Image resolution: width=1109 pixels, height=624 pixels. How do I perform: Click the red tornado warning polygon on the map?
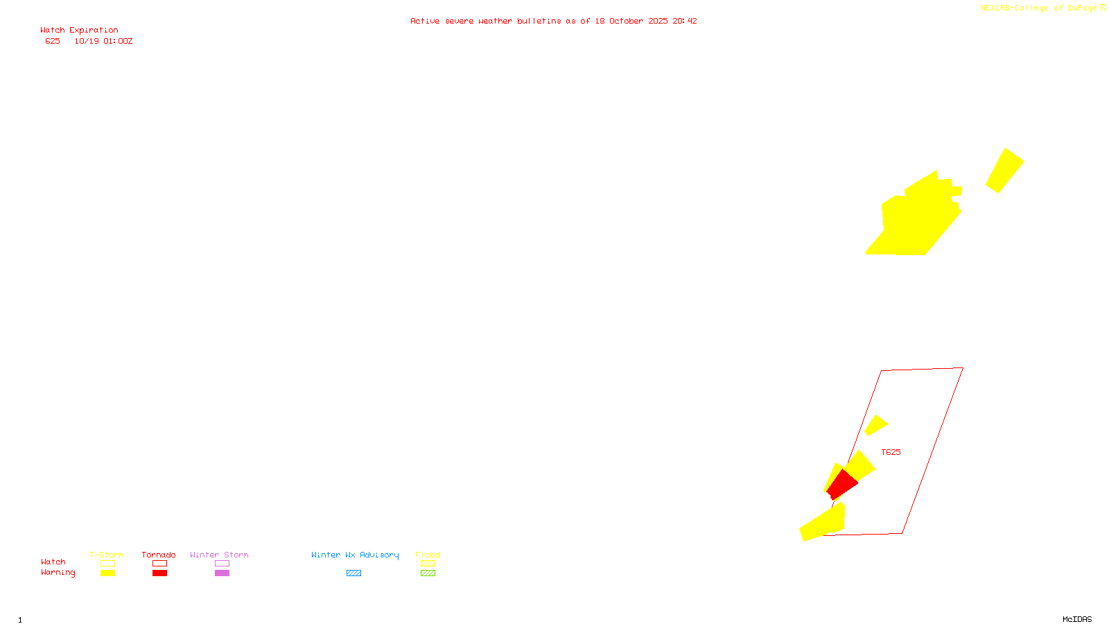coord(842,483)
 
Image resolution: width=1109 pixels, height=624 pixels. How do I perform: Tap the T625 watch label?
coord(891,452)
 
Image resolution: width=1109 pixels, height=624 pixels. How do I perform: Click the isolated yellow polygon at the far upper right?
coord(1004,170)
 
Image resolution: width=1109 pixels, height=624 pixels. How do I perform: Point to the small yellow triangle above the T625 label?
coord(875,425)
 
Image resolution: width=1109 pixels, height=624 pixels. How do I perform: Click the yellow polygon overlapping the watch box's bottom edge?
coord(825,523)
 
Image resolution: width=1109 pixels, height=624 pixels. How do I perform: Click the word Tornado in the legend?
coord(159,555)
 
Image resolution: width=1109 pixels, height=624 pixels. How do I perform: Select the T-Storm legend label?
coord(107,555)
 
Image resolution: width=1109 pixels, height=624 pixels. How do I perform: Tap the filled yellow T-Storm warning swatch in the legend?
coord(107,573)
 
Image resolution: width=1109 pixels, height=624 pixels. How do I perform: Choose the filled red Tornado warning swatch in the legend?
coord(159,573)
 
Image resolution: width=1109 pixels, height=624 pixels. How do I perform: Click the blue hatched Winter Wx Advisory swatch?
coord(353,573)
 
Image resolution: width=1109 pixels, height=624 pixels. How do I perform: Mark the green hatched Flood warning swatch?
coord(428,573)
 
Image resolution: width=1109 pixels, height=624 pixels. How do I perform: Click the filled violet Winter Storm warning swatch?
coord(222,573)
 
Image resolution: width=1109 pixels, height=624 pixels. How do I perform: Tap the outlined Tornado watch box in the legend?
coord(159,564)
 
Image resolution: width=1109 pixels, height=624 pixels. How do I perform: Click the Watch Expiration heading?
coord(79,31)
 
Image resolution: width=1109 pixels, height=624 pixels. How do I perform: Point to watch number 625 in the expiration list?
coord(53,42)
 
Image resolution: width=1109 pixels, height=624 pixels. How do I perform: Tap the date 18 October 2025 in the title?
coord(631,21)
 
